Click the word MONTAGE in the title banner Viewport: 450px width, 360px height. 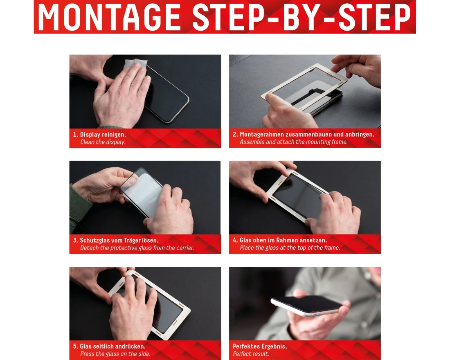(x=109, y=17)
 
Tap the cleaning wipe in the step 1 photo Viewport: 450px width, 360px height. (x=135, y=67)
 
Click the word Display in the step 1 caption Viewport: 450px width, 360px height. (x=90, y=134)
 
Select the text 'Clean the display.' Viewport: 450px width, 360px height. (x=102, y=142)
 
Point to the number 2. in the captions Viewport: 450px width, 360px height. (x=235, y=134)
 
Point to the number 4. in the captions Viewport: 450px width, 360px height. (x=235, y=240)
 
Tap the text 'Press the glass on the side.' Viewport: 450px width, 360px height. (x=115, y=354)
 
